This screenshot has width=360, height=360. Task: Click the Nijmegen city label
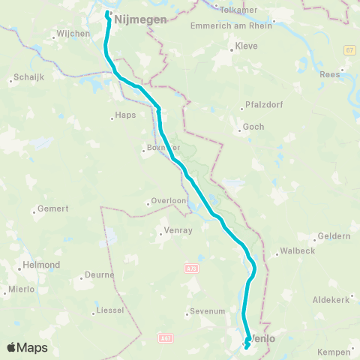142,20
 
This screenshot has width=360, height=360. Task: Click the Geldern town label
334,236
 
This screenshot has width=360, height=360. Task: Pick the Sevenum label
208,310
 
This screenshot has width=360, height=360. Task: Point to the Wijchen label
73,34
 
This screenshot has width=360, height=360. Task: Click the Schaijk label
27,79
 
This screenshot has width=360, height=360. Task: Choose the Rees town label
351,73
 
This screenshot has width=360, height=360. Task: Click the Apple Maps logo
27,347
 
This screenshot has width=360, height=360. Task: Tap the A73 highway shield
190,266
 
